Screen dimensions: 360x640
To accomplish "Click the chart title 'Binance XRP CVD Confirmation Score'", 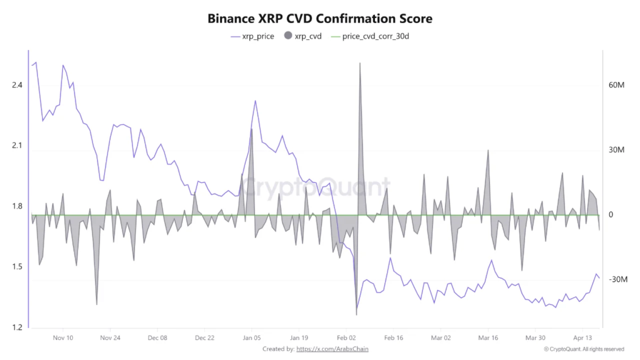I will click(319, 19).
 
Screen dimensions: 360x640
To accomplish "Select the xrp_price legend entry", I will click(252, 36).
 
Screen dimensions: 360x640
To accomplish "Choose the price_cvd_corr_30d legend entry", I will click(372, 36).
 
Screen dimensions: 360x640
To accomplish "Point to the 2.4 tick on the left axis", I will click(17, 85).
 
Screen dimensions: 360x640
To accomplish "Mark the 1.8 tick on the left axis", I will click(17, 206).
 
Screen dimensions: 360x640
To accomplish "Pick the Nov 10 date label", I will click(63, 337).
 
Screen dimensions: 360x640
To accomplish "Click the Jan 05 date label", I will click(252, 337).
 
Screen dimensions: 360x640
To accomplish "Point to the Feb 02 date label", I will click(346, 337).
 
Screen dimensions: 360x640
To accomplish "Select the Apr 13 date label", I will click(582, 337).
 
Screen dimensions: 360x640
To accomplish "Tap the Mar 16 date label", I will click(488, 337).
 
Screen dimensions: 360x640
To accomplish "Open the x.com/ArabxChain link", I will click(332, 349).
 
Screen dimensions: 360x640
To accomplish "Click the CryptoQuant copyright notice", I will click(584, 349).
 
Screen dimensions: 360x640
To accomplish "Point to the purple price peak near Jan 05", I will click(255, 101).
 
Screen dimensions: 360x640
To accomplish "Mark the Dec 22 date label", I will click(204, 337).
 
